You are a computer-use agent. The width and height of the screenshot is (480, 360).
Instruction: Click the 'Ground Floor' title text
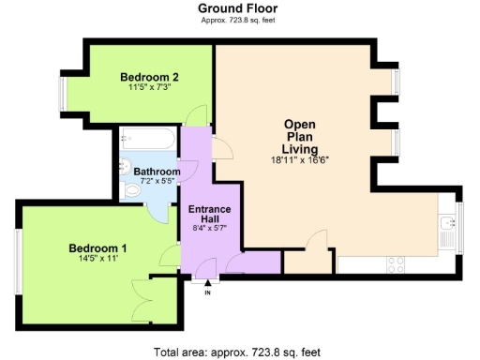click(x=237, y=8)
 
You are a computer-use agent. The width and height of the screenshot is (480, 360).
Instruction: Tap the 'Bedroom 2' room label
click(x=150, y=77)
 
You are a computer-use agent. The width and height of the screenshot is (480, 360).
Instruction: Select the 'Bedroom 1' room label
click(x=97, y=248)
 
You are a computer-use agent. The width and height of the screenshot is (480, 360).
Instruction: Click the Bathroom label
click(x=157, y=172)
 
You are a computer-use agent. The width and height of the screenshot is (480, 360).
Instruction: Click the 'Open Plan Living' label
click(x=300, y=137)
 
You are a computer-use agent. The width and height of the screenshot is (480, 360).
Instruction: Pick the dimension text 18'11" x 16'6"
click(x=300, y=160)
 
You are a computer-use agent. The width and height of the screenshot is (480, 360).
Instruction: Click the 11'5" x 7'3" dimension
click(x=150, y=88)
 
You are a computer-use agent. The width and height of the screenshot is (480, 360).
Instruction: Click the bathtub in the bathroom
click(x=150, y=142)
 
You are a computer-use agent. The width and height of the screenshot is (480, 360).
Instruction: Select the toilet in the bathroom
click(x=131, y=192)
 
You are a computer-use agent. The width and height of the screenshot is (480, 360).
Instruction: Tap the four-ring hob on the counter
click(x=396, y=263)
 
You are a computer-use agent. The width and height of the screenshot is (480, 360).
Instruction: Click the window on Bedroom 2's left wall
click(x=63, y=94)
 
